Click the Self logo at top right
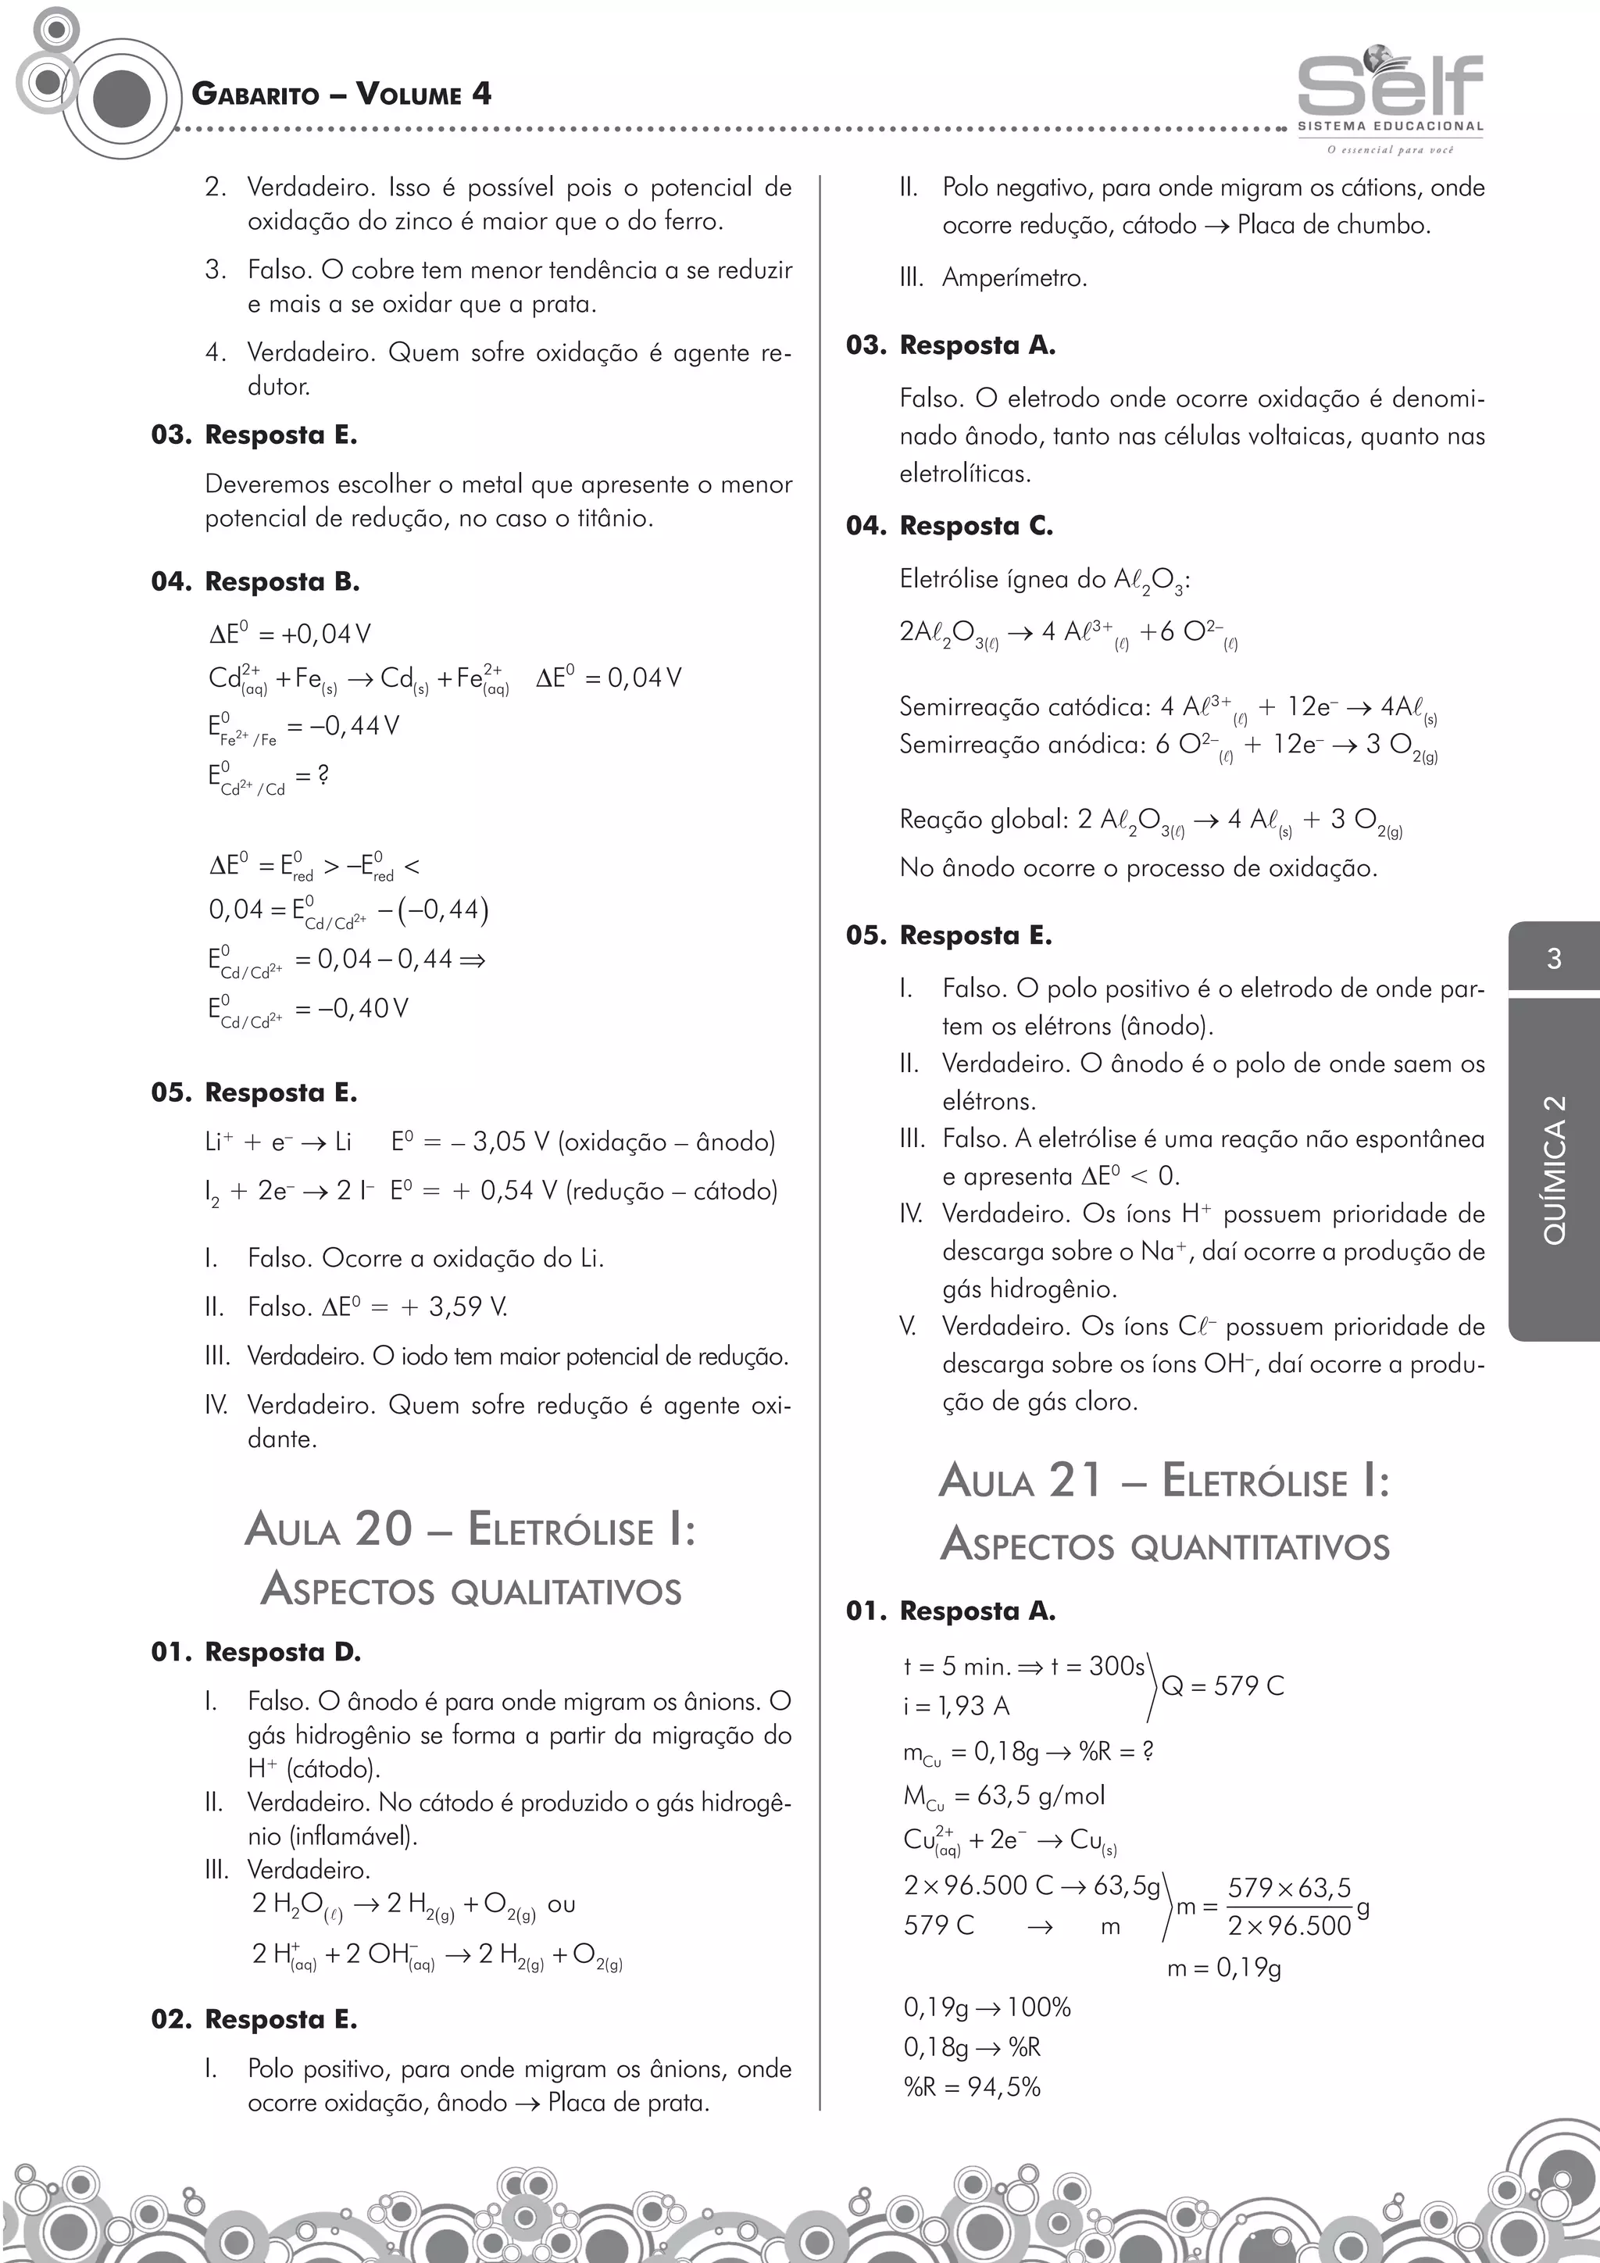[x=1389, y=95]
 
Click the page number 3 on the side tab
[x=1554, y=958]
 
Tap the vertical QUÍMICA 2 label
[x=1554, y=1169]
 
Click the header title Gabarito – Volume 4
[x=341, y=95]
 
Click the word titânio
[x=611, y=518]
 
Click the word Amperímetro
[x=1014, y=278]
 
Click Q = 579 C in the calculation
[x=1223, y=1686]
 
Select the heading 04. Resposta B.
[x=255, y=581]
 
